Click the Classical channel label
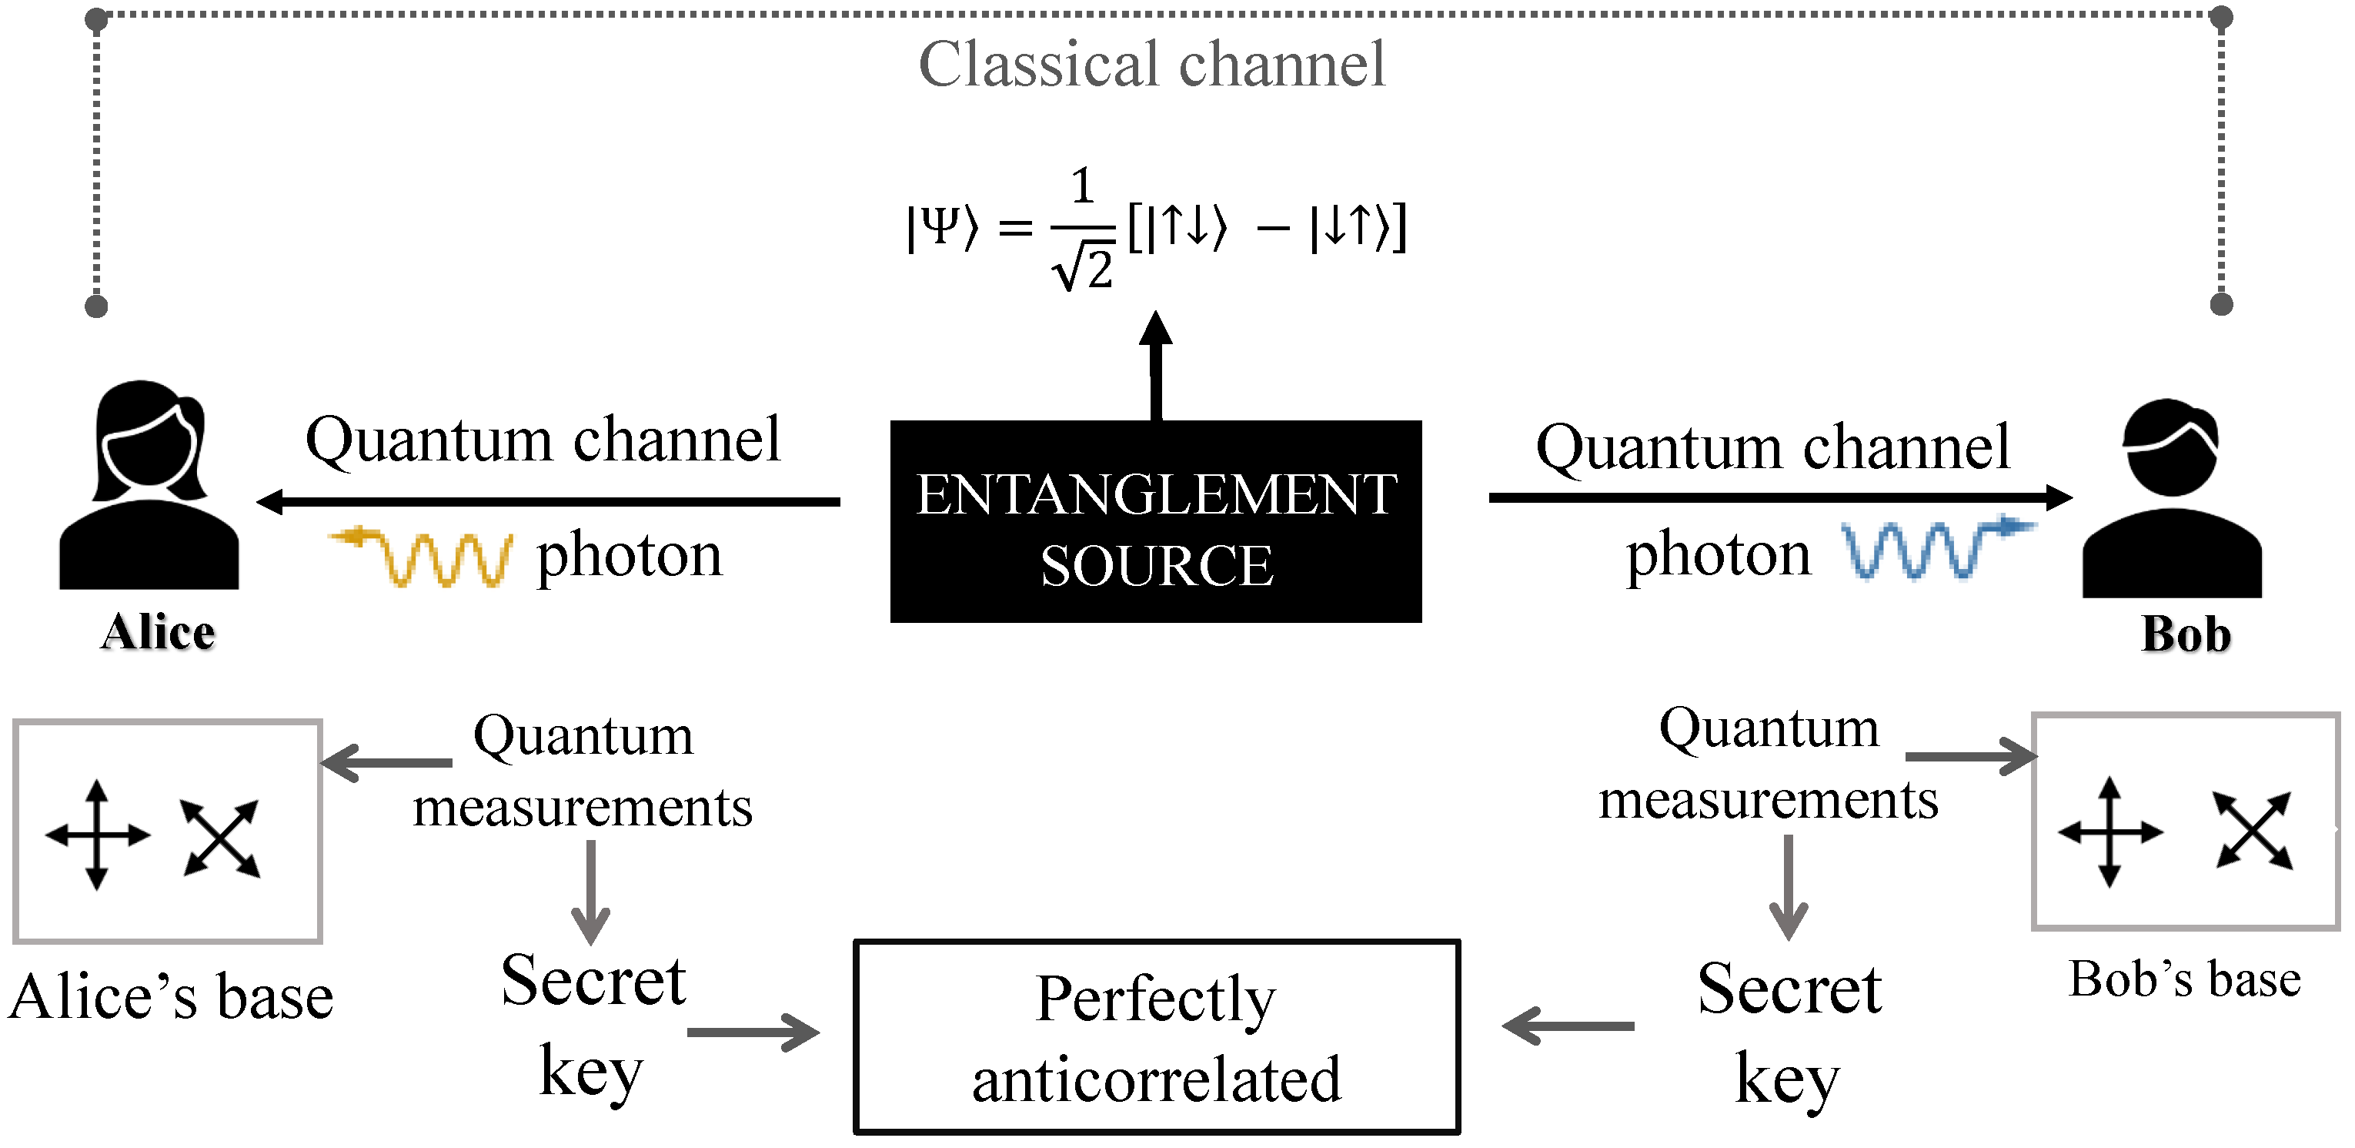pos(1151,66)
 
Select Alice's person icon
pos(149,486)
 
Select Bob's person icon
pos(2171,498)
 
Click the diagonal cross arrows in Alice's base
pos(221,838)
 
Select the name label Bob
pos(2185,635)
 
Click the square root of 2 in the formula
pos(1085,267)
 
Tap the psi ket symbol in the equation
pos(942,228)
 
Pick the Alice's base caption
pos(171,997)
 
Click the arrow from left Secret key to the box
pos(753,1033)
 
